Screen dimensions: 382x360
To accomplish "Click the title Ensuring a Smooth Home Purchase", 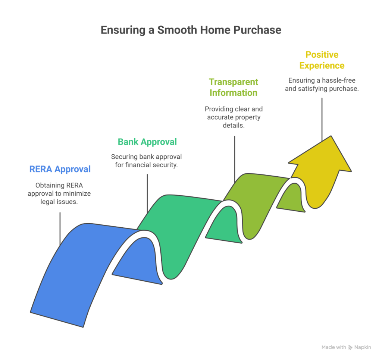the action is [x=191, y=30].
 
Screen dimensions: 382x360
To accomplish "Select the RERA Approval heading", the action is [x=60, y=169].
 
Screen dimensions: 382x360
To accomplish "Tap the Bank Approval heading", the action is [x=147, y=142].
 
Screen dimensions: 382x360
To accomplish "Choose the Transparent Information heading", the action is [x=234, y=87].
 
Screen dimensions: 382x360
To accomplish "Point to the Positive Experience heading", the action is [x=322, y=60].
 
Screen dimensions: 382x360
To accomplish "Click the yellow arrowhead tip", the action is [x=331, y=136].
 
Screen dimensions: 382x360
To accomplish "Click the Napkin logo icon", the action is [x=350, y=347].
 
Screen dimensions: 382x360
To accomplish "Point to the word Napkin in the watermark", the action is [x=363, y=347].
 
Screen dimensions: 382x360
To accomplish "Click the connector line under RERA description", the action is [x=60, y=228].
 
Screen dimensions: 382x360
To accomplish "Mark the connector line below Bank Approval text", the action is [x=147, y=193].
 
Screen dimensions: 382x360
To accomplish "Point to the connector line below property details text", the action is [x=235, y=159].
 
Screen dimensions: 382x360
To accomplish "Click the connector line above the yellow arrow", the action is [x=322, y=120].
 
